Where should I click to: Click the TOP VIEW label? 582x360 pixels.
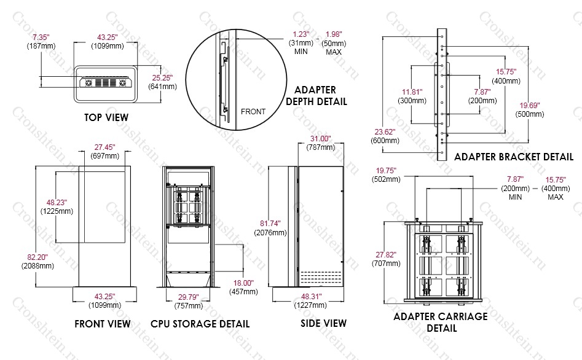coord(106,117)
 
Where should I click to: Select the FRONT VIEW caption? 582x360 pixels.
coord(102,323)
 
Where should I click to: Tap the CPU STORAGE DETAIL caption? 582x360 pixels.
coord(200,323)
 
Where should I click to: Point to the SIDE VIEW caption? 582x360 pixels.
coord(323,323)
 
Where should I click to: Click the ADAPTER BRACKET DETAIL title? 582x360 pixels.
coord(514,157)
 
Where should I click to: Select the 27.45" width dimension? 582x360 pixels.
coord(106,147)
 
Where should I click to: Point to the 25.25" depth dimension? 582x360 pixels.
coord(163,77)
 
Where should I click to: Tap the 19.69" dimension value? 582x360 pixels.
coord(530,105)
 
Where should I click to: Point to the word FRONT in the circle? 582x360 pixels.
coord(253,111)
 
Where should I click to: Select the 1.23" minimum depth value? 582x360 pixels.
coord(301,34)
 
